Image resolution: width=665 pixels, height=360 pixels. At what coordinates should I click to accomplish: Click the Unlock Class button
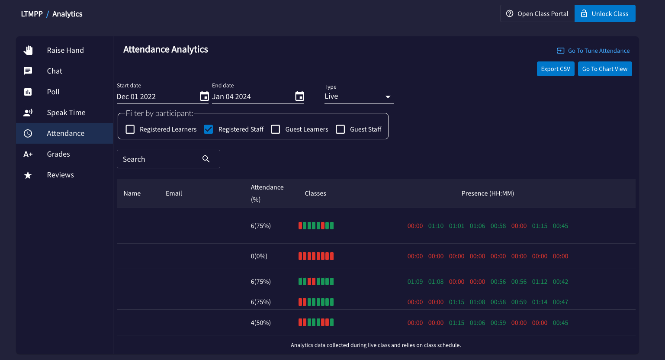[605, 14]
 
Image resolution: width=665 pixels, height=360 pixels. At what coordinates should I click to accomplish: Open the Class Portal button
[537, 14]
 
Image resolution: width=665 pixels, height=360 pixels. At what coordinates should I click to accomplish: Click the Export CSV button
[556, 69]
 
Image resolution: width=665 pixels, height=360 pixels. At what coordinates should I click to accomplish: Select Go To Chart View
[605, 69]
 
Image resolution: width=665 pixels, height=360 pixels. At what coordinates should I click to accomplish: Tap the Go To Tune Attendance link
[593, 51]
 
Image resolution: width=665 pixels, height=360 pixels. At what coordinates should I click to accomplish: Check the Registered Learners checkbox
[130, 129]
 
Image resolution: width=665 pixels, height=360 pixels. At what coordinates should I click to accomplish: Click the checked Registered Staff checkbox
[209, 129]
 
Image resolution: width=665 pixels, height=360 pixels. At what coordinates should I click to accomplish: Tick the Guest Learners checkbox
[276, 129]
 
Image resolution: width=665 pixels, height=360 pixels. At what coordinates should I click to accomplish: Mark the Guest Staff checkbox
[340, 129]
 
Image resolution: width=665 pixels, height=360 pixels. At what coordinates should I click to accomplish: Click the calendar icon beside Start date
[204, 96]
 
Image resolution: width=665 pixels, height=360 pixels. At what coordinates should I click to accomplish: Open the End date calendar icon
[299, 96]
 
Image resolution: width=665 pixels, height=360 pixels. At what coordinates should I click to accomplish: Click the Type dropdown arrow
[388, 97]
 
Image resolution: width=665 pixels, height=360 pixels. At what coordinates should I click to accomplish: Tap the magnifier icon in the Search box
[206, 159]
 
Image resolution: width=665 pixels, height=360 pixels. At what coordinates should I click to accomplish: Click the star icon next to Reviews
[28, 175]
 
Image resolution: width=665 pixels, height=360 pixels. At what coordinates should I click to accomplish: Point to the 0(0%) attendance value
[259, 256]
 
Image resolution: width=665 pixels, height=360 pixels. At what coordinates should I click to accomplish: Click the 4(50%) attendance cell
[260, 323]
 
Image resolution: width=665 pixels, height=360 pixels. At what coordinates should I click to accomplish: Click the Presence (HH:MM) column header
[488, 193]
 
